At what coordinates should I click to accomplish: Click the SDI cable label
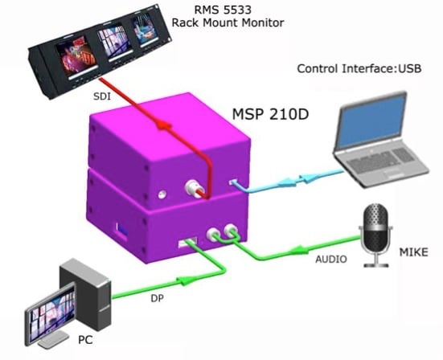coord(102,96)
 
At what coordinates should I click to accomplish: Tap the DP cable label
coord(157,298)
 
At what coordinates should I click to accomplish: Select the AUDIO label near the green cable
coord(330,260)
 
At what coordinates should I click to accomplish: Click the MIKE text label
coord(413,252)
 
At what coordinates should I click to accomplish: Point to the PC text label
coord(85,340)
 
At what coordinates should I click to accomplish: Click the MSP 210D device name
coord(270,114)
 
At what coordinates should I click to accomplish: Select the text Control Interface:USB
coord(359,68)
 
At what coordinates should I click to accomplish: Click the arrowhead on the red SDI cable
coord(163,125)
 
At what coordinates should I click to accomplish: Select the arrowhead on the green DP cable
coord(186,280)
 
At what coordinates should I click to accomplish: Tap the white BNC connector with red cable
coord(192,188)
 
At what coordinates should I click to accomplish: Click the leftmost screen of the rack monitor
coord(76,56)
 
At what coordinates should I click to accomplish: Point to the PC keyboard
coord(53,339)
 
